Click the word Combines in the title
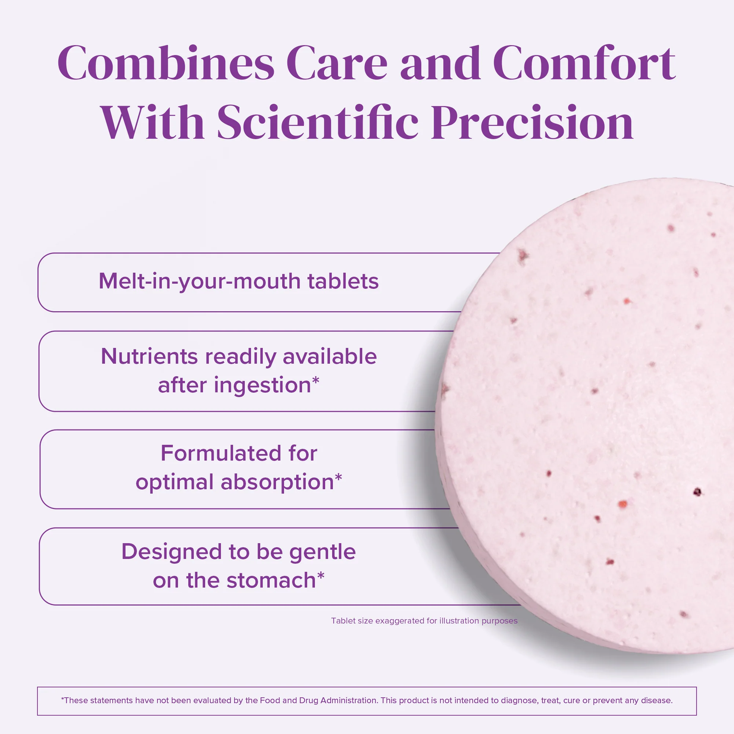coord(166,63)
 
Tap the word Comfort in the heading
coord(584,63)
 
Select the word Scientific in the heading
coord(317,123)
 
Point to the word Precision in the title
coord(532,123)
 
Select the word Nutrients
coord(149,357)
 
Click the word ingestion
coord(262,386)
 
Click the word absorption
coord(277,482)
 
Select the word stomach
coord(271,581)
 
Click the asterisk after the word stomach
coord(321,576)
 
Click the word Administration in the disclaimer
coord(349,700)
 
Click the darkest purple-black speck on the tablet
coord(697,492)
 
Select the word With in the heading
coord(152,123)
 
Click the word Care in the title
coord(337,63)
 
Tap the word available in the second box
coord(330,357)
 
